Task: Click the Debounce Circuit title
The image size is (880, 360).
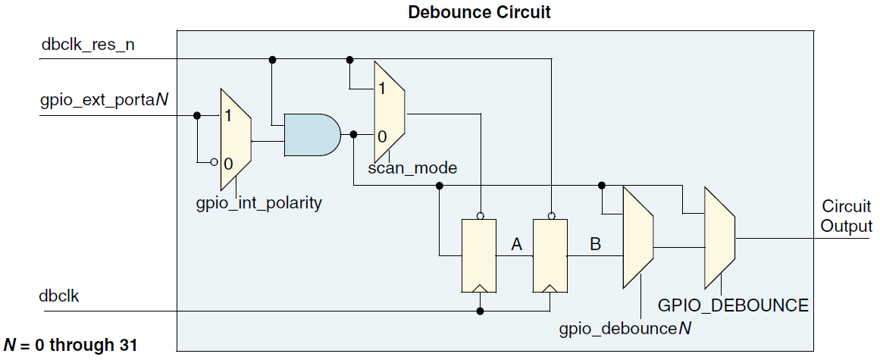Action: (479, 12)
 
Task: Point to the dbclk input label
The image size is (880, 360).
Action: (60, 296)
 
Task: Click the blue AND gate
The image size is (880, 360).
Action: (312, 135)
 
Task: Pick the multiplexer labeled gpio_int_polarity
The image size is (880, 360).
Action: (235, 139)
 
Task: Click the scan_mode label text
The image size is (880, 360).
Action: (412, 167)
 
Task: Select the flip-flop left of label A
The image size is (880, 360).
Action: (479, 256)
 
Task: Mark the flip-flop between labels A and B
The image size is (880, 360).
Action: (550, 256)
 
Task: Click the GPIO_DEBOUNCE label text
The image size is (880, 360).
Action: (733, 306)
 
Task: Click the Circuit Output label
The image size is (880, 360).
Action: (847, 216)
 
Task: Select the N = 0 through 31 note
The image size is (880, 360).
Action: (70, 346)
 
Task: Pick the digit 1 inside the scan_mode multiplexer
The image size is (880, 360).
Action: (382, 88)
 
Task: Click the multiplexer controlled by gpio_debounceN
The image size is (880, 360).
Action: (637, 237)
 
